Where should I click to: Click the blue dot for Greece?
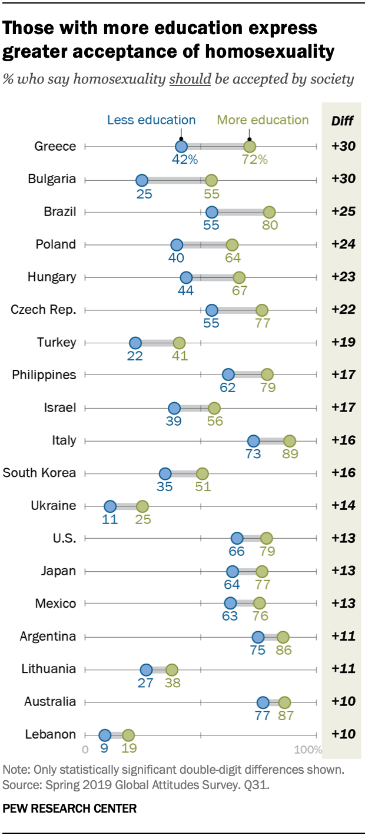[x=181, y=147]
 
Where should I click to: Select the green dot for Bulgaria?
[x=211, y=180]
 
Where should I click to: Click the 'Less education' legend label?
[x=151, y=120]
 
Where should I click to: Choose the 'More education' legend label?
[x=263, y=120]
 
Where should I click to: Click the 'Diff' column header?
[x=343, y=121]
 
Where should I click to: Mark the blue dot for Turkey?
[x=135, y=343]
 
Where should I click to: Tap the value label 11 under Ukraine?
[x=110, y=519]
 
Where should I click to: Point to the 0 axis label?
[x=85, y=750]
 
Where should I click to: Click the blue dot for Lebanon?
[x=105, y=735]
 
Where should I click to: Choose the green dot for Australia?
[x=284, y=702]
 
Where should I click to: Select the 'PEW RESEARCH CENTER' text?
[x=69, y=809]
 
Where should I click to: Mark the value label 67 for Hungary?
[x=239, y=290]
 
